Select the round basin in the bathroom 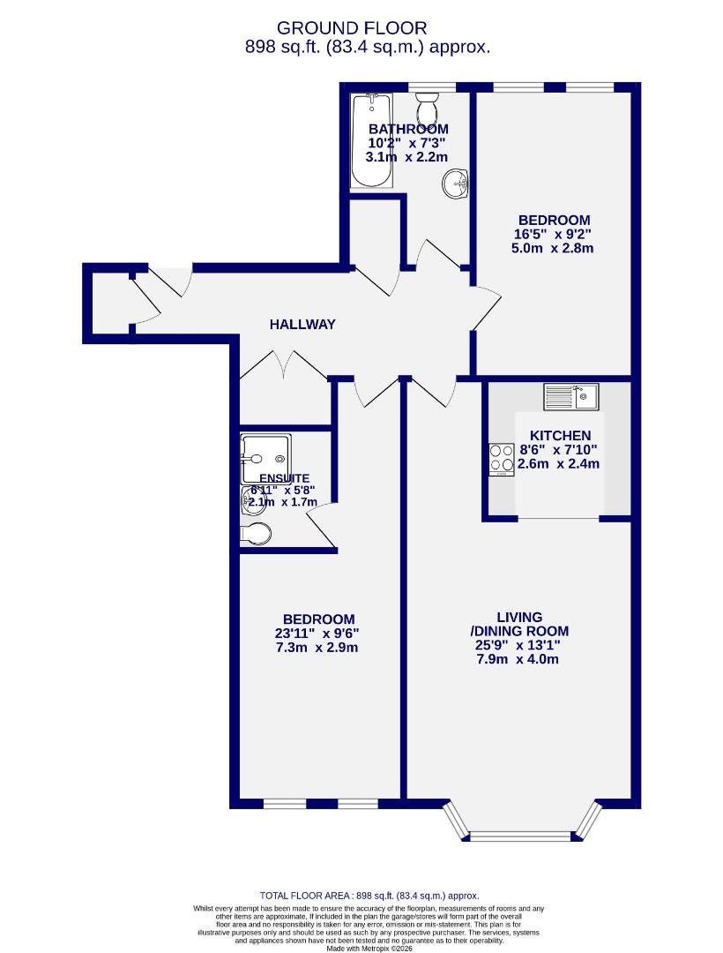pyautogui.click(x=455, y=184)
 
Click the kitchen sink pyautogui.click(x=570, y=396)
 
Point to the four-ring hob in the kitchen pyautogui.click(x=502, y=458)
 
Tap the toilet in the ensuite pyautogui.click(x=257, y=532)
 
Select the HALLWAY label pyautogui.click(x=302, y=324)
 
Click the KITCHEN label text pyautogui.click(x=560, y=436)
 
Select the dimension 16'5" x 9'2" pyautogui.click(x=553, y=234)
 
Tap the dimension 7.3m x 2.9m pyautogui.click(x=318, y=647)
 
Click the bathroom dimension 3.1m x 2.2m pyautogui.click(x=406, y=157)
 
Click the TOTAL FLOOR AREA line pyautogui.click(x=369, y=895)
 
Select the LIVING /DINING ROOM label pyautogui.click(x=518, y=624)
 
